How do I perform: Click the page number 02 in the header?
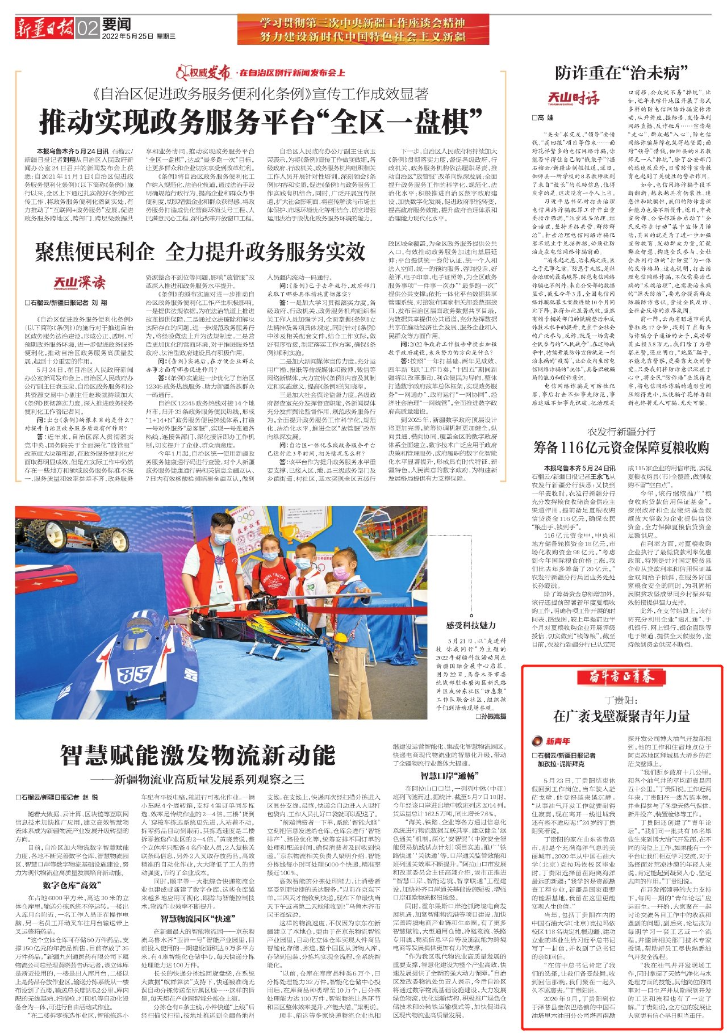tap(87, 28)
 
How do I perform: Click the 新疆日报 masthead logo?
tap(44, 27)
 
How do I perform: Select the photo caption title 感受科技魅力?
tap(471, 625)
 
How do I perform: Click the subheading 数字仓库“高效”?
tap(72, 885)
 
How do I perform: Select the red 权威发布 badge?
tap(203, 73)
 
